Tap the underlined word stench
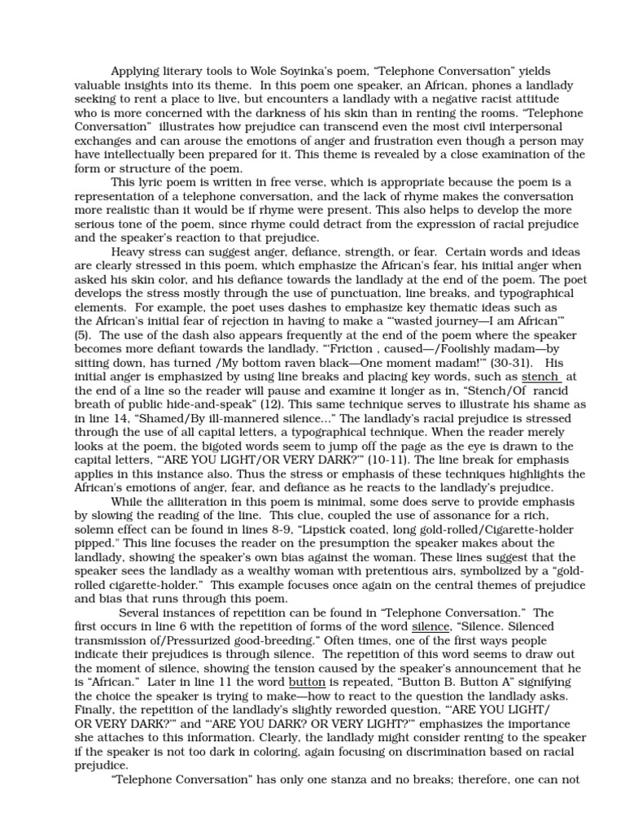[540, 355]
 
